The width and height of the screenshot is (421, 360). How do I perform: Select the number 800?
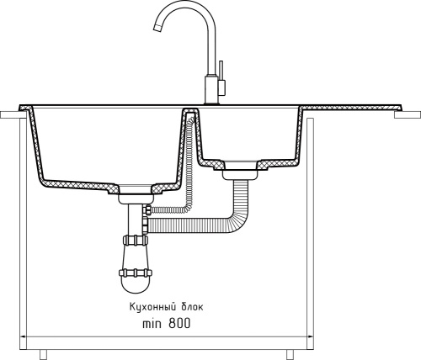click(179, 324)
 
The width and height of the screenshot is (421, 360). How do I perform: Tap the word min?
click(152, 324)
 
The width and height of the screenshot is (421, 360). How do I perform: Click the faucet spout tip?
click(157, 27)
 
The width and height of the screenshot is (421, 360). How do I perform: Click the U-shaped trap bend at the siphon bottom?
click(136, 284)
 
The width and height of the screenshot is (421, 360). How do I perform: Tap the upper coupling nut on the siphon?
click(135, 240)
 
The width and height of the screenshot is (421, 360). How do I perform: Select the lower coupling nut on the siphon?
click(136, 273)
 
